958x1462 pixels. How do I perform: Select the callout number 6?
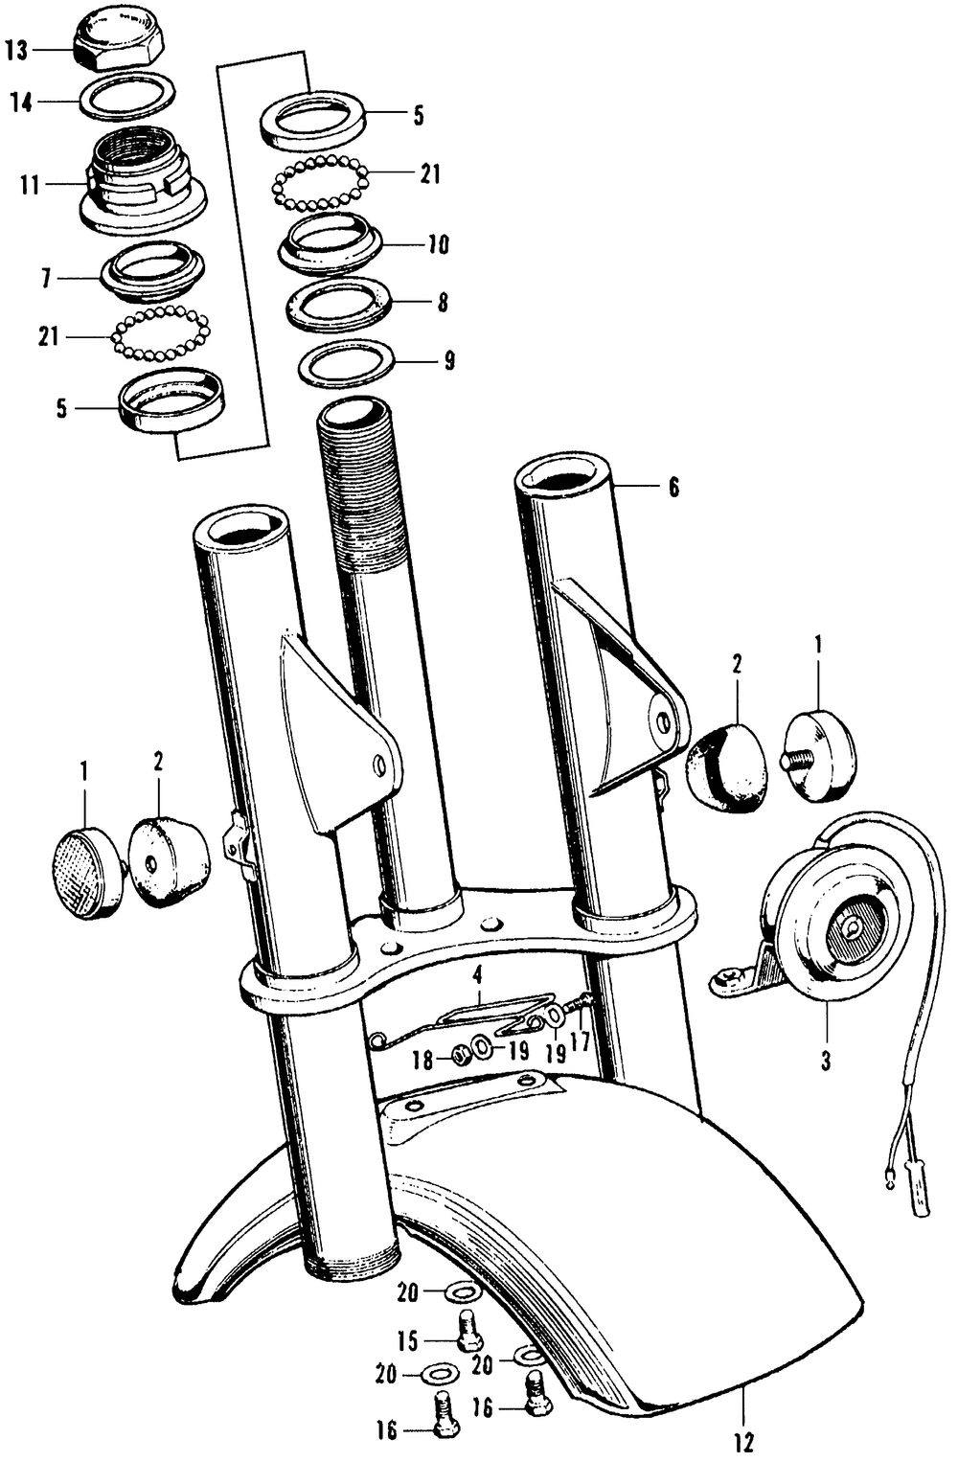673,488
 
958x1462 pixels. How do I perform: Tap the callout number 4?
475,976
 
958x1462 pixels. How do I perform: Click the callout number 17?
580,1040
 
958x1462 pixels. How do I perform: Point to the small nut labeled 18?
461,1054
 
